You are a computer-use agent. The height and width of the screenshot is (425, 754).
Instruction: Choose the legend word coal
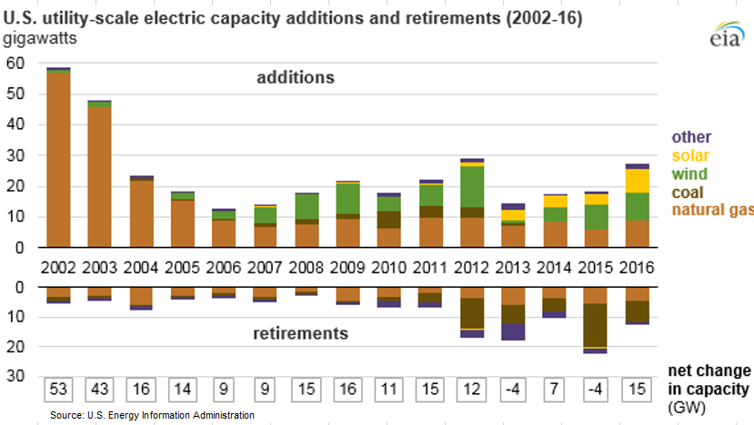[689, 193]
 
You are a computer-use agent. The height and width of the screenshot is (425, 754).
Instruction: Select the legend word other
[691, 138]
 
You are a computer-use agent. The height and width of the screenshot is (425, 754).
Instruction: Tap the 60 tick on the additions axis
[15, 63]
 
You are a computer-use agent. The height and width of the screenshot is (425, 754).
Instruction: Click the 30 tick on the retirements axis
[15, 376]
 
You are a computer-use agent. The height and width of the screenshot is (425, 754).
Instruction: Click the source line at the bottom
[152, 415]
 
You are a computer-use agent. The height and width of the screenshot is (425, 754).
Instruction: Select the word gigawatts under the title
[41, 38]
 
